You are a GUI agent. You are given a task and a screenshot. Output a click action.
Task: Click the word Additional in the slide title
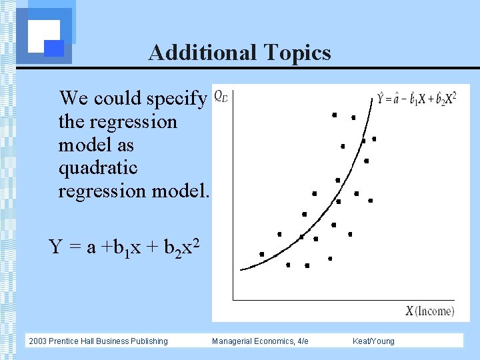(x=201, y=52)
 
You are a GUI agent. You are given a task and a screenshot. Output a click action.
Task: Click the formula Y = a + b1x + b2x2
(x=123, y=247)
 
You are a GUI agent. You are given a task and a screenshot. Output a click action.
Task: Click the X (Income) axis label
(x=430, y=311)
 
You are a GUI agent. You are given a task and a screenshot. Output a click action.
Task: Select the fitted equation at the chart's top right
(x=417, y=99)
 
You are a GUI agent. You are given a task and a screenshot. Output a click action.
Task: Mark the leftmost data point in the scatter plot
(x=261, y=254)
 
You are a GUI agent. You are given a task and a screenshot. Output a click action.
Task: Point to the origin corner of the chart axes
(x=233, y=301)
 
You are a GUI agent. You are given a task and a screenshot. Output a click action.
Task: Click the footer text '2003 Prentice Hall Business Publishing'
(x=98, y=341)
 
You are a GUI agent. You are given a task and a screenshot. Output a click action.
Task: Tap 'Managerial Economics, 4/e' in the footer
(x=260, y=341)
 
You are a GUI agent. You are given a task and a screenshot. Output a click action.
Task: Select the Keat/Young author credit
(x=373, y=341)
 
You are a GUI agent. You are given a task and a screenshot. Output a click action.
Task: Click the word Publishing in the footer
(x=150, y=341)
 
